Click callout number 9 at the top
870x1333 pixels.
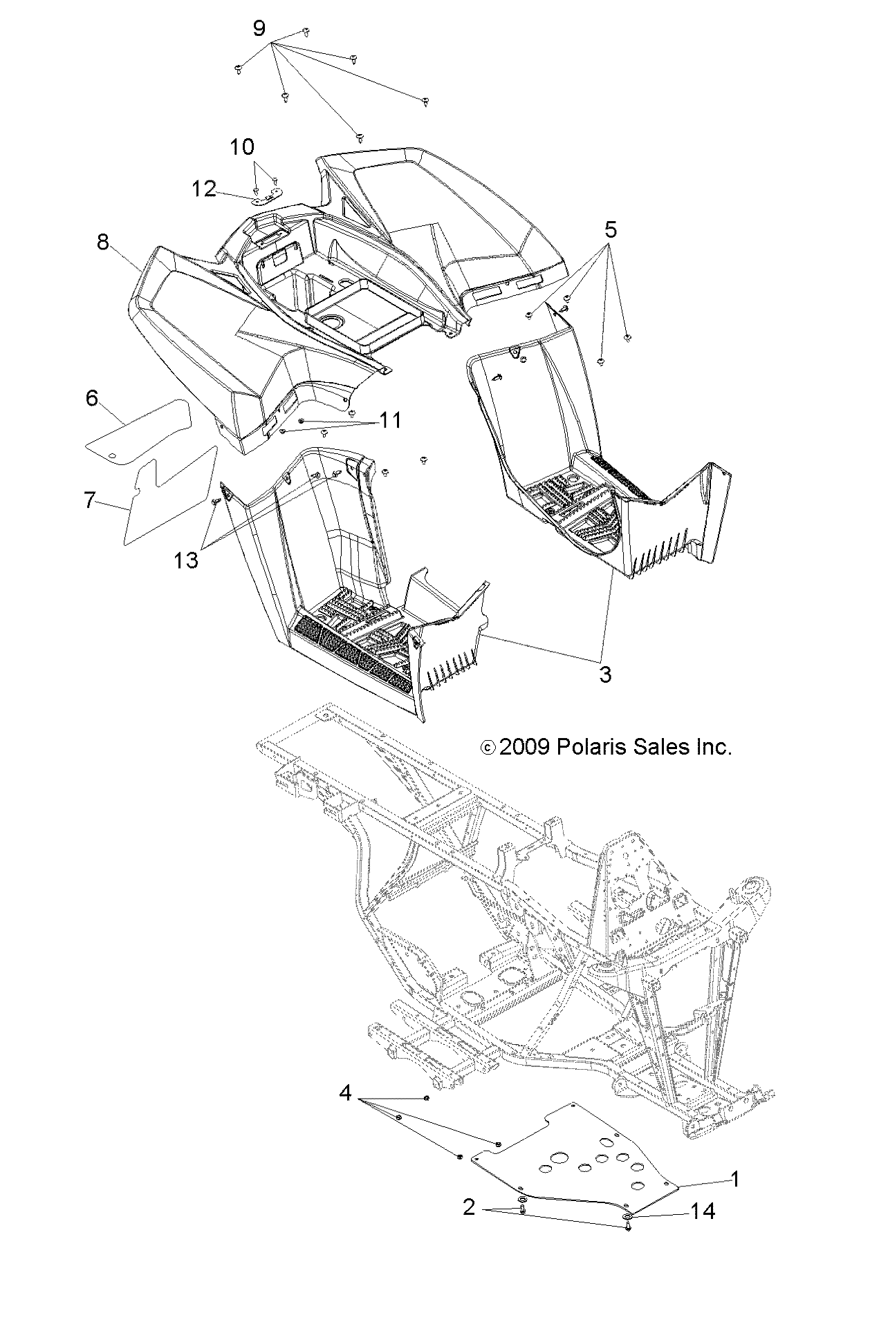click(259, 28)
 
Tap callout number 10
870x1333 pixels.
click(242, 146)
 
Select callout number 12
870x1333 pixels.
click(204, 189)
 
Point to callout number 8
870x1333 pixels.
click(103, 243)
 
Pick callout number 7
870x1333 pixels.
click(89, 500)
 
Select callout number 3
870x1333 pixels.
click(605, 674)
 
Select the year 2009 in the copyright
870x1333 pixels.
click(524, 746)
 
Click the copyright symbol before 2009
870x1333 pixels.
click(488, 747)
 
